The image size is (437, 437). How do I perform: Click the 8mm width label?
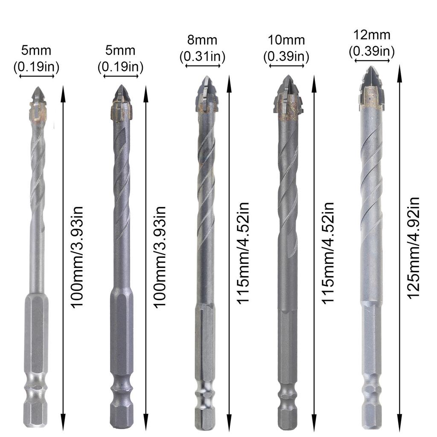pyautogui.click(x=203, y=41)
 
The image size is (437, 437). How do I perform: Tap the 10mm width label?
pyautogui.click(x=286, y=41)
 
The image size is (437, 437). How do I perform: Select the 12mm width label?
pyautogui.click(x=371, y=35)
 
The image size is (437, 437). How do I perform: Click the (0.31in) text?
pyautogui.click(x=203, y=56)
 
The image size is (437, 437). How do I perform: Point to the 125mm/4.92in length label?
pyautogui.click(x=413, y=248)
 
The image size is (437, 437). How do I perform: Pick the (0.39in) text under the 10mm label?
pyautogui.click(x=286, y=56)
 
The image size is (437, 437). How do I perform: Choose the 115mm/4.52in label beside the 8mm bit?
pyautogui.click(x=243, y=252)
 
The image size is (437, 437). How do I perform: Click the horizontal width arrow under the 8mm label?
pyautogui.click(x=204, y=66)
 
